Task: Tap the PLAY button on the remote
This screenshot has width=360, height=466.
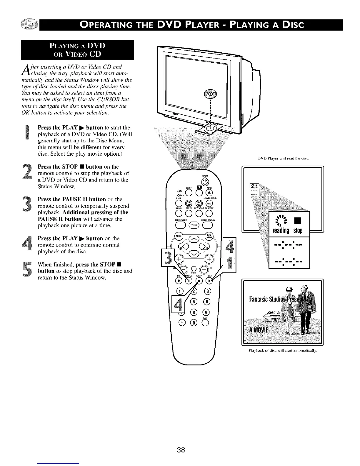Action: click(209, 282)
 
